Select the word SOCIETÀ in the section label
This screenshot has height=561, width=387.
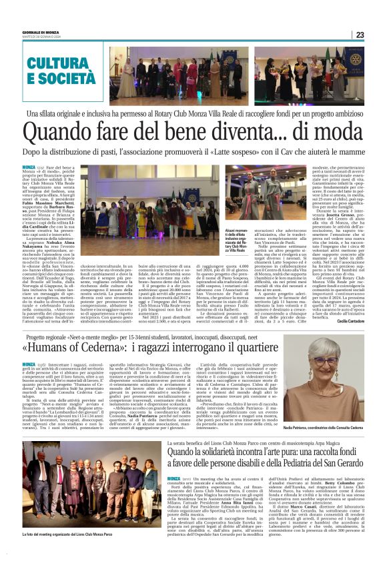tap(63, 79)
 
